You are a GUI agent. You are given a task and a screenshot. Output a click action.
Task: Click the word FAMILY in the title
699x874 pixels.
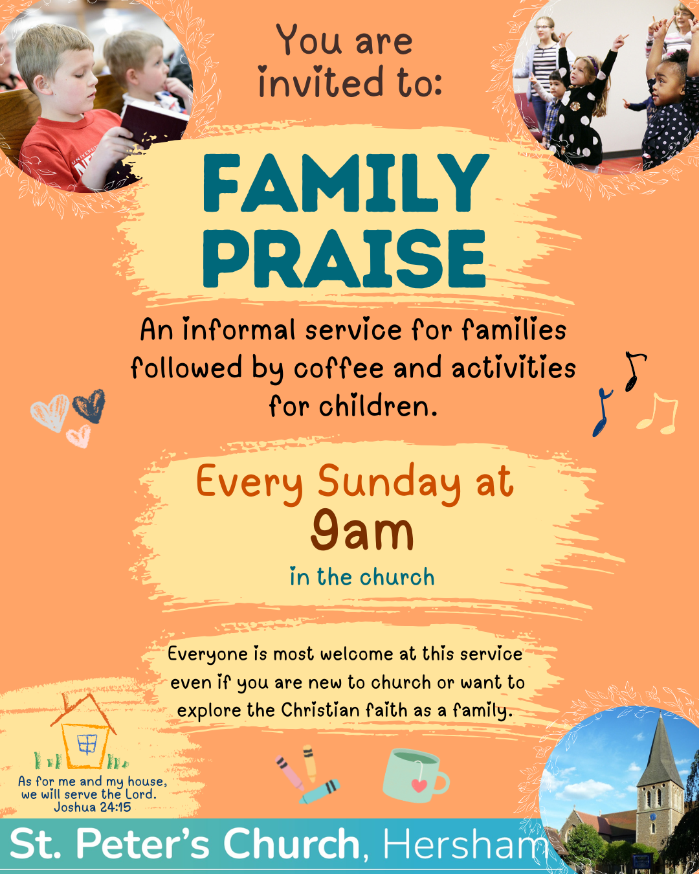(346, 183)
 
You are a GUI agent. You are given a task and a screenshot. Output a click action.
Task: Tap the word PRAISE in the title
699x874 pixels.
(344, 259)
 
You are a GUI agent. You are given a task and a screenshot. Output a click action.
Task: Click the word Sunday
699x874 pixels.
(389, 484)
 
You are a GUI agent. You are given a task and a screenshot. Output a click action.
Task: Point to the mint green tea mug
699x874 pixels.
(415, 776)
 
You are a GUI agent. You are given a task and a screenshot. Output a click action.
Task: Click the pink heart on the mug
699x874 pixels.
(419, 785)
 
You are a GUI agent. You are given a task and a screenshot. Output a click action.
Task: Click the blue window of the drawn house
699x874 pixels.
(87, 744)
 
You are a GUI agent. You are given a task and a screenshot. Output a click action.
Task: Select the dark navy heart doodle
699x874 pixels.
(89, 406)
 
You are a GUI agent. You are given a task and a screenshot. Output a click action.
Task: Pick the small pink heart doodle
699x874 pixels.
(79, 436)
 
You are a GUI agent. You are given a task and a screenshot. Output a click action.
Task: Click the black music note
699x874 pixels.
(634, 371)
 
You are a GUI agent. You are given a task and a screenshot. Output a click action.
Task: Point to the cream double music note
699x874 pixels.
(658, 414)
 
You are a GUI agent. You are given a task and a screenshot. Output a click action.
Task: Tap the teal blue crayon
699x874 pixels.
(320, 791)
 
